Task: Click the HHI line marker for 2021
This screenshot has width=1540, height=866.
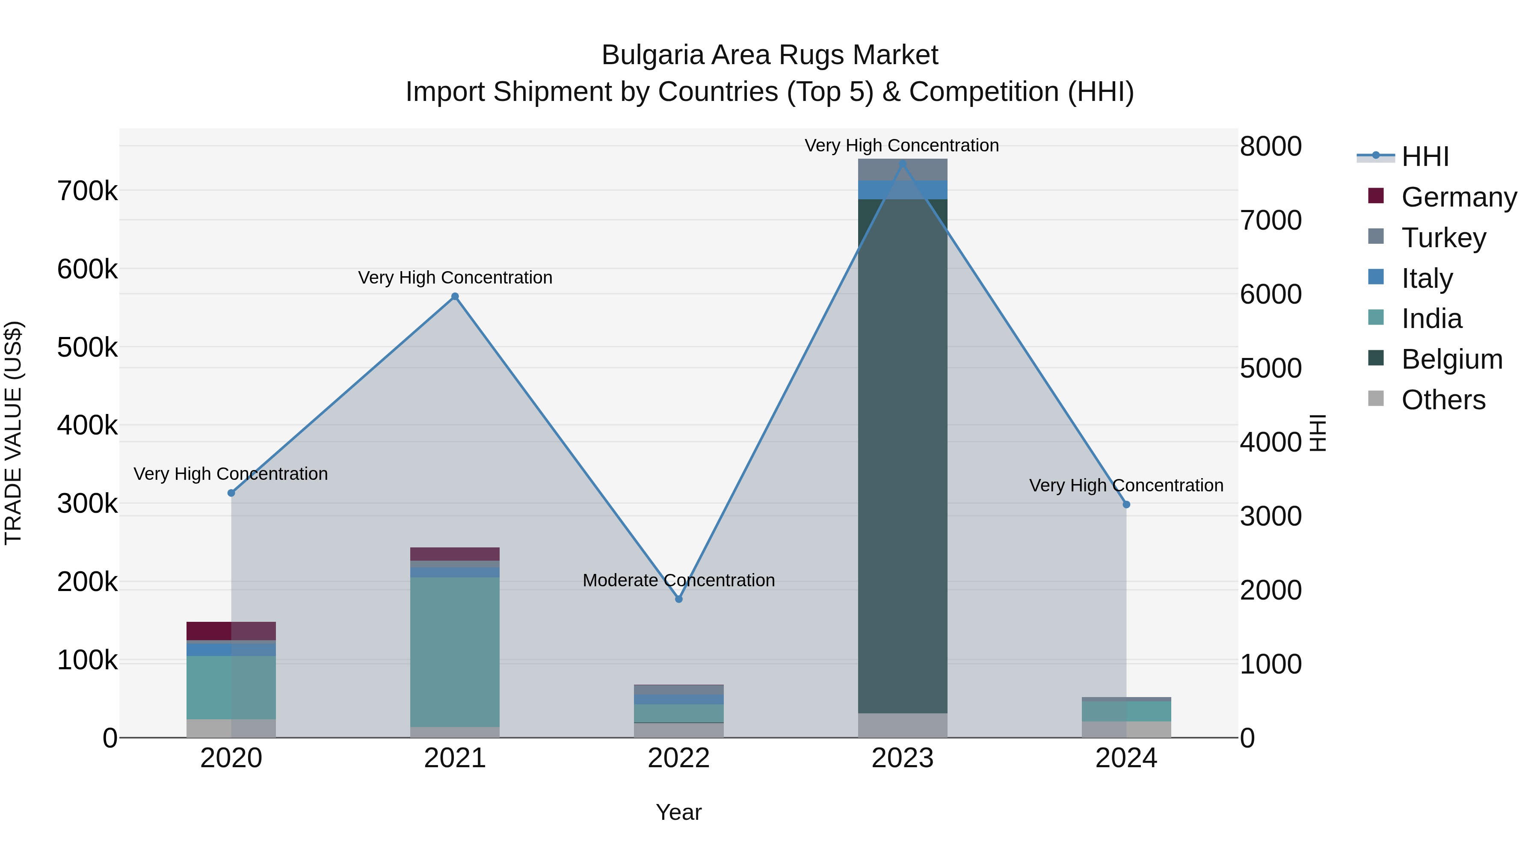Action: pos(455,296)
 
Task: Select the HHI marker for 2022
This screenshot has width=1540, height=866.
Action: pos(678,599)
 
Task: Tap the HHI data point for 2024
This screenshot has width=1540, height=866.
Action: pos(1126,505)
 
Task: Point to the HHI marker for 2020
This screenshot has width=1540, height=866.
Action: pos(231,493)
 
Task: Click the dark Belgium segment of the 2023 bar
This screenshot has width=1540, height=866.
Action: pos(903,454)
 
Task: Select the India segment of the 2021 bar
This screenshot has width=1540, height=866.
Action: pos(455,651)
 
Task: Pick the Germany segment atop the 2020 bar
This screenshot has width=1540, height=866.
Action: pos(231,630)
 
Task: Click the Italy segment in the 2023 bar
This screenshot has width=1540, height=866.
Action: pos(903,190)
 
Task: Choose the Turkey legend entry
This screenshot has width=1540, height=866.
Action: pos(1443,237)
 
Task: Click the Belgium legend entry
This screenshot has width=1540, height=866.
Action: pos(1451,359)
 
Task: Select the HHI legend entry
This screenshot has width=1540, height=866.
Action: pos(1424,157)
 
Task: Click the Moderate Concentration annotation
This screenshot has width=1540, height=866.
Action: pos(678,580)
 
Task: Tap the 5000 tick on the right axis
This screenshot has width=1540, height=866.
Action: pos(1270,368)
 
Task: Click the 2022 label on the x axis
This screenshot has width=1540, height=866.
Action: pos(678,758)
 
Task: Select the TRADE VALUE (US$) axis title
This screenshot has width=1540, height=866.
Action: pos(13,433)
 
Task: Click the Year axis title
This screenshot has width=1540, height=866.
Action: pos(678,812)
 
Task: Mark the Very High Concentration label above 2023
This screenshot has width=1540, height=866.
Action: pos(901,145)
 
